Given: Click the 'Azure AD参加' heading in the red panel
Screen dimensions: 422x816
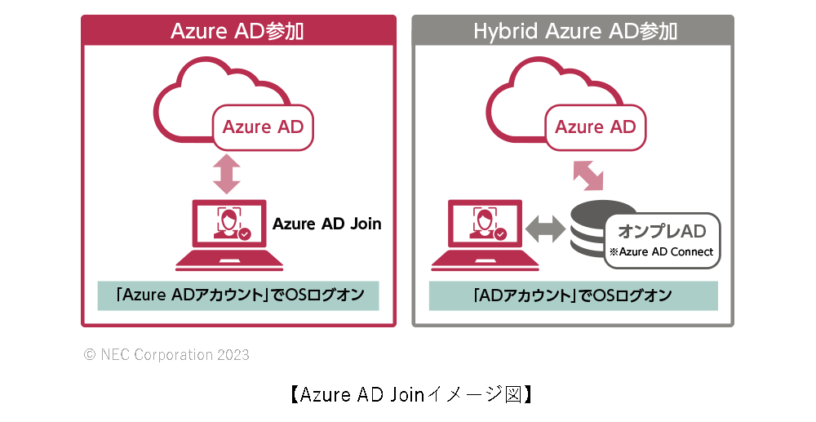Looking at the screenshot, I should pos(237,31).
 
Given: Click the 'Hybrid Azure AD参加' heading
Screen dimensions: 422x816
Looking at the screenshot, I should pos(574,31).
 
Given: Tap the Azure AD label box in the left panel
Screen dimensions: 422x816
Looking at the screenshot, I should pos(263,127).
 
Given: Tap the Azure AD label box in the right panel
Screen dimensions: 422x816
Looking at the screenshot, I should pos(595,127).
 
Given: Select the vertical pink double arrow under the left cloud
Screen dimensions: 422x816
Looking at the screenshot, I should pos(226,175).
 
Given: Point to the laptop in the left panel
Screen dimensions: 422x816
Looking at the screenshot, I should pos(229,236).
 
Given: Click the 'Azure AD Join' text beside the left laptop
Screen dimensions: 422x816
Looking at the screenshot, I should pos(326,224).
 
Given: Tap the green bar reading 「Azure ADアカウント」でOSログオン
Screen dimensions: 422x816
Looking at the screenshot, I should pos(238,295).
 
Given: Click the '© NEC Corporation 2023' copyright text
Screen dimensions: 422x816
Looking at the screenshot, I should pos(166,355).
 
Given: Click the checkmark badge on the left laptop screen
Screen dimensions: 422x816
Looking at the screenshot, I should pos(244,234).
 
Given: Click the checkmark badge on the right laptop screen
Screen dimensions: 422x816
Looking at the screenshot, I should pos(500,234).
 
